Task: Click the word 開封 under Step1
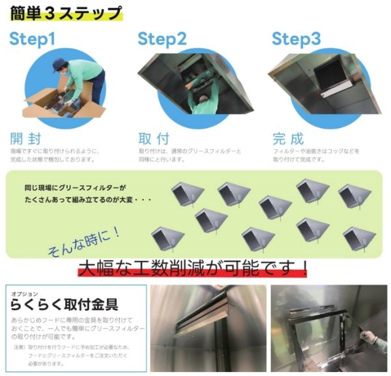[x=25, y=139]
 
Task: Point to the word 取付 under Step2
[x=154, y=139]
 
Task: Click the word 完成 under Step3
[x=287, y=139]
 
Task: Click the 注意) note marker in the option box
[x=18, y=347]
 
